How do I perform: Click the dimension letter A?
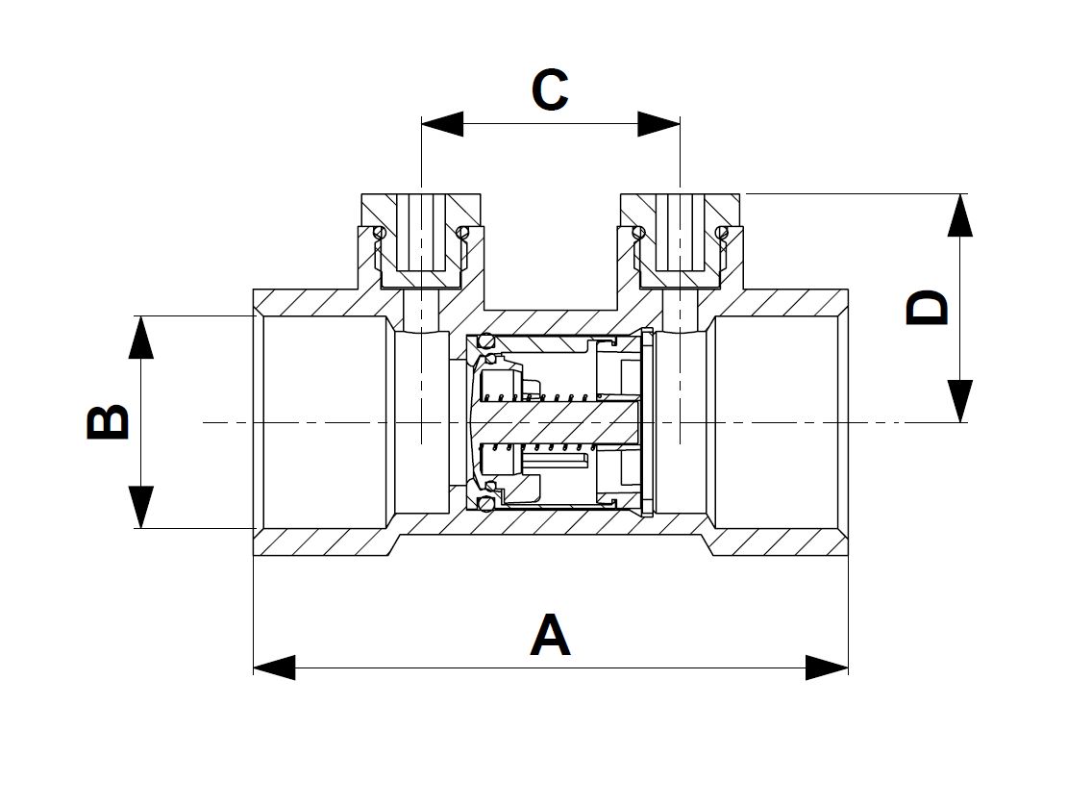click(550, 635)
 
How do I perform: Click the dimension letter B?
click(108, 420)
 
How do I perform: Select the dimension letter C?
click(550, 89)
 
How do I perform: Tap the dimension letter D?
click(927, 309)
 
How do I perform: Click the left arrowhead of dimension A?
click(274, 667)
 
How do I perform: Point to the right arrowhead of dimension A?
click(827, 667)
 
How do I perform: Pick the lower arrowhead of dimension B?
click(140, 507)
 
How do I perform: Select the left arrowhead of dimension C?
click(442, 124)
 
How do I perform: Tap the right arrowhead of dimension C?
click(658, 124)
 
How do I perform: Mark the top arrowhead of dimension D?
click(960, 215)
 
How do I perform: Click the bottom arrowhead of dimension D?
click(960, 401)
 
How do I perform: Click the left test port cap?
click(421, 240)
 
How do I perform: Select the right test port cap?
click(680, 240)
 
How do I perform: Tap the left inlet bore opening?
click(324, 422)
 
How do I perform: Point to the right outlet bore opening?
click(778, 422)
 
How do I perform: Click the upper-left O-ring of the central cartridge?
click(486, 341)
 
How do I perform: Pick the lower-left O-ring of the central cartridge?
click(486, 502)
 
